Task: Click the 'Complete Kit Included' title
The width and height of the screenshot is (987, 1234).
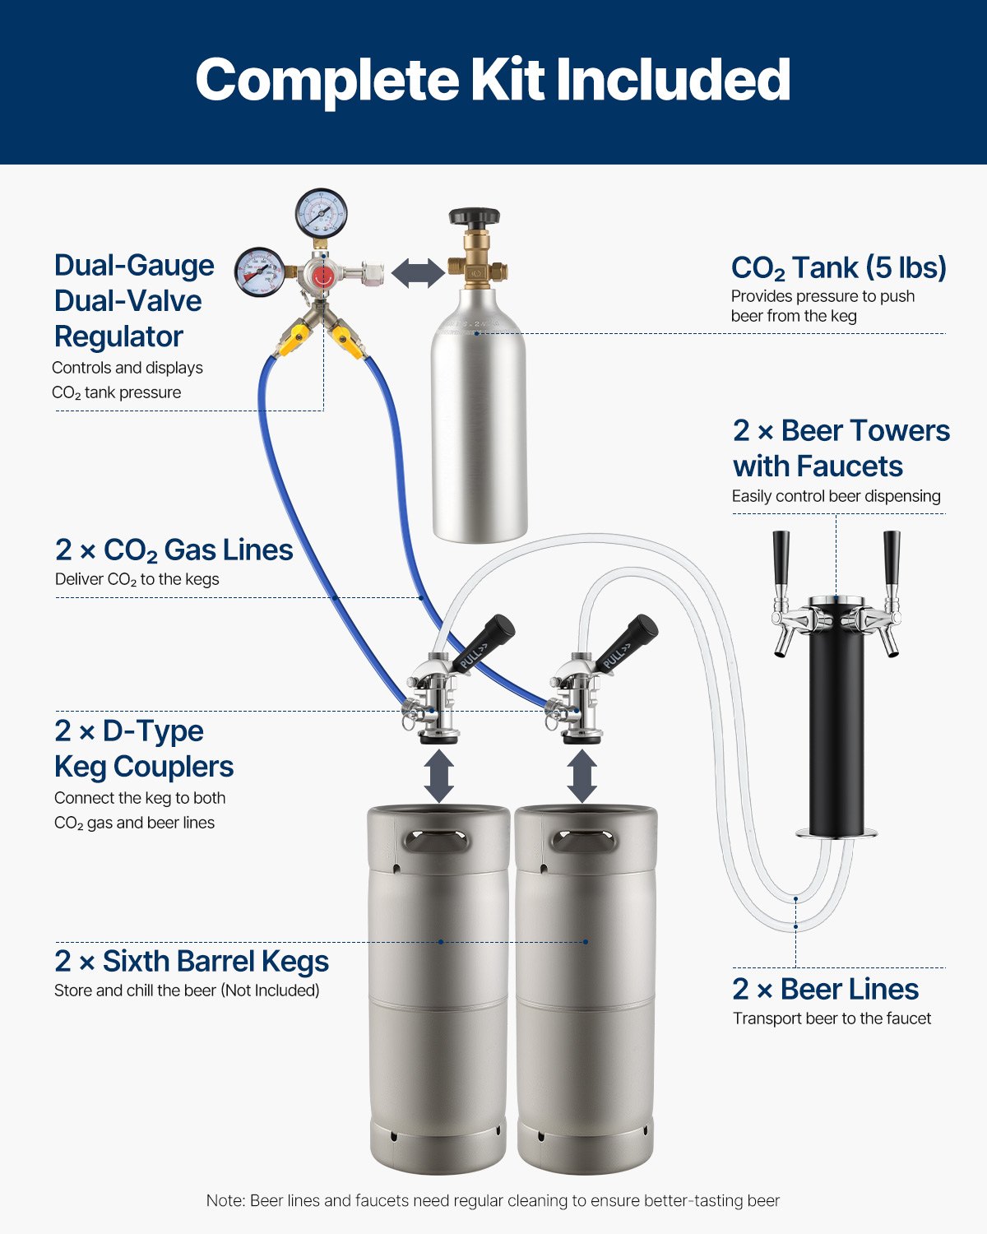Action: tap(493, 80)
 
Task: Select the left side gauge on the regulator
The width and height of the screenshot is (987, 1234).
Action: tap(260, 271)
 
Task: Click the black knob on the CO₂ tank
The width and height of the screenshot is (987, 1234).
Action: tap(474, 218)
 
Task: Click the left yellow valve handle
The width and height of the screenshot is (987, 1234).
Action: tap(292, 343)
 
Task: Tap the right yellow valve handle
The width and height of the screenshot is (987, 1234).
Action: tap(349, 342)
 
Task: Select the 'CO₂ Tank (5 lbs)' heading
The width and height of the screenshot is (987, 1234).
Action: tap(838, 268)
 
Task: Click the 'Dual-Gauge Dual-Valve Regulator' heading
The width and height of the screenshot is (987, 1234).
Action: tap(134, 301)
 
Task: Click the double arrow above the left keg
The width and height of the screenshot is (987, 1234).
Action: tap(439, 775)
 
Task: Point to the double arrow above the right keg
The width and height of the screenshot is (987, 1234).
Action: tap(582, 775)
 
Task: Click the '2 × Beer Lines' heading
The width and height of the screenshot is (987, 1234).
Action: tap(825, 989)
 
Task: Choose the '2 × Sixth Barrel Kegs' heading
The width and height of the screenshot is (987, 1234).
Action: tap(192, 961)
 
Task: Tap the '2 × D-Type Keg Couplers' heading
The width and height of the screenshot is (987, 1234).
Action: tap(144, 749)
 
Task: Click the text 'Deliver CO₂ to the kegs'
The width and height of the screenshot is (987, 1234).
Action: tap(137, 579)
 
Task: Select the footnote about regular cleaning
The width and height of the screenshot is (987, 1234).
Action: tap(493, 1201)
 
